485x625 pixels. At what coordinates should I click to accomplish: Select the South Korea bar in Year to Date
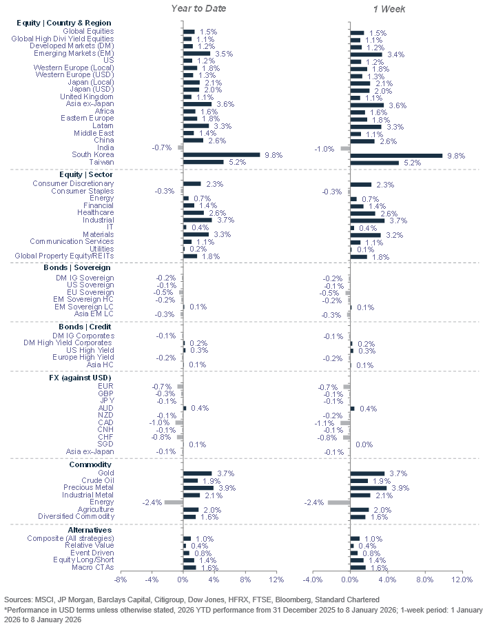click(221, 155)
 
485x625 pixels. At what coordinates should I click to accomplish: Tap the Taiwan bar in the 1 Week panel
click(374, 163)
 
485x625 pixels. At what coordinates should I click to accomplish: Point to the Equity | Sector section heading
click(86, 174)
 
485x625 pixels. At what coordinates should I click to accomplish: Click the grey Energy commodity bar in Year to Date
click(174, 502)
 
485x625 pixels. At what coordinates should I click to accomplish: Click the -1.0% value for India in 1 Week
click(324, 148)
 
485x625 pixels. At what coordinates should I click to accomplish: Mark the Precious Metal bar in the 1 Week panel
click(368, 487)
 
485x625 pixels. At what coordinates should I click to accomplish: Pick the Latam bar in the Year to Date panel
click(196, 125)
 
